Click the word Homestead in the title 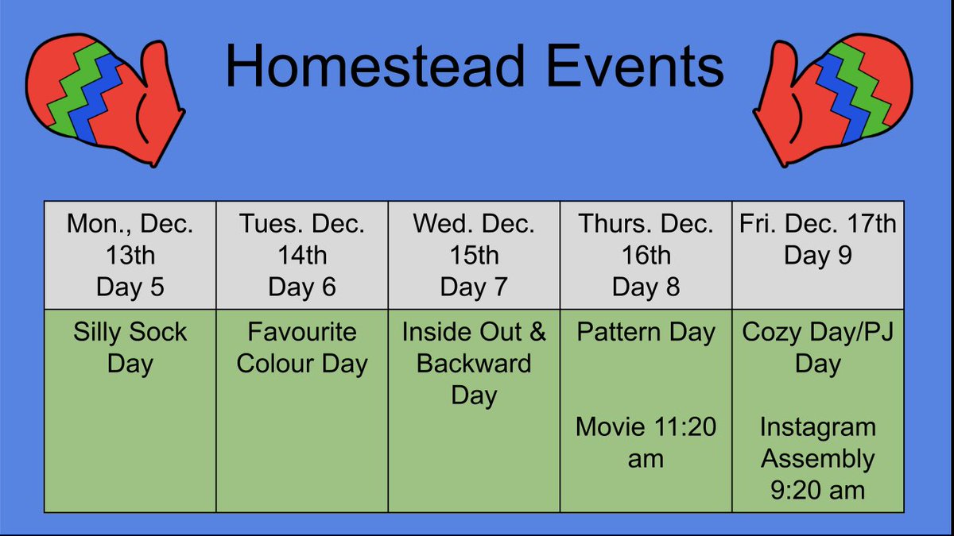[x=374, y=66]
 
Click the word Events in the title [x=634, y=66]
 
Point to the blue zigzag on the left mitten [x=97, y=98]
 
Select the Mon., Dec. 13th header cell [x=130, y=255]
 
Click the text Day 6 [x=302, y=287]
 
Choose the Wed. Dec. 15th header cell [x=474, y=255]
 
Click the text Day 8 [x=646, y=287]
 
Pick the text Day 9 [x=818, y=255]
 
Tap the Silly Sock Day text [x=130, y=348]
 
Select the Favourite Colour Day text [x=302, y=348]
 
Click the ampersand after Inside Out [x=537, y=331]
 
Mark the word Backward [x=474, y=364]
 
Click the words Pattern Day [x=646, y=332]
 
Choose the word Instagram [x=818, y=428]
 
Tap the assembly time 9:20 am [x=818, y=490]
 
